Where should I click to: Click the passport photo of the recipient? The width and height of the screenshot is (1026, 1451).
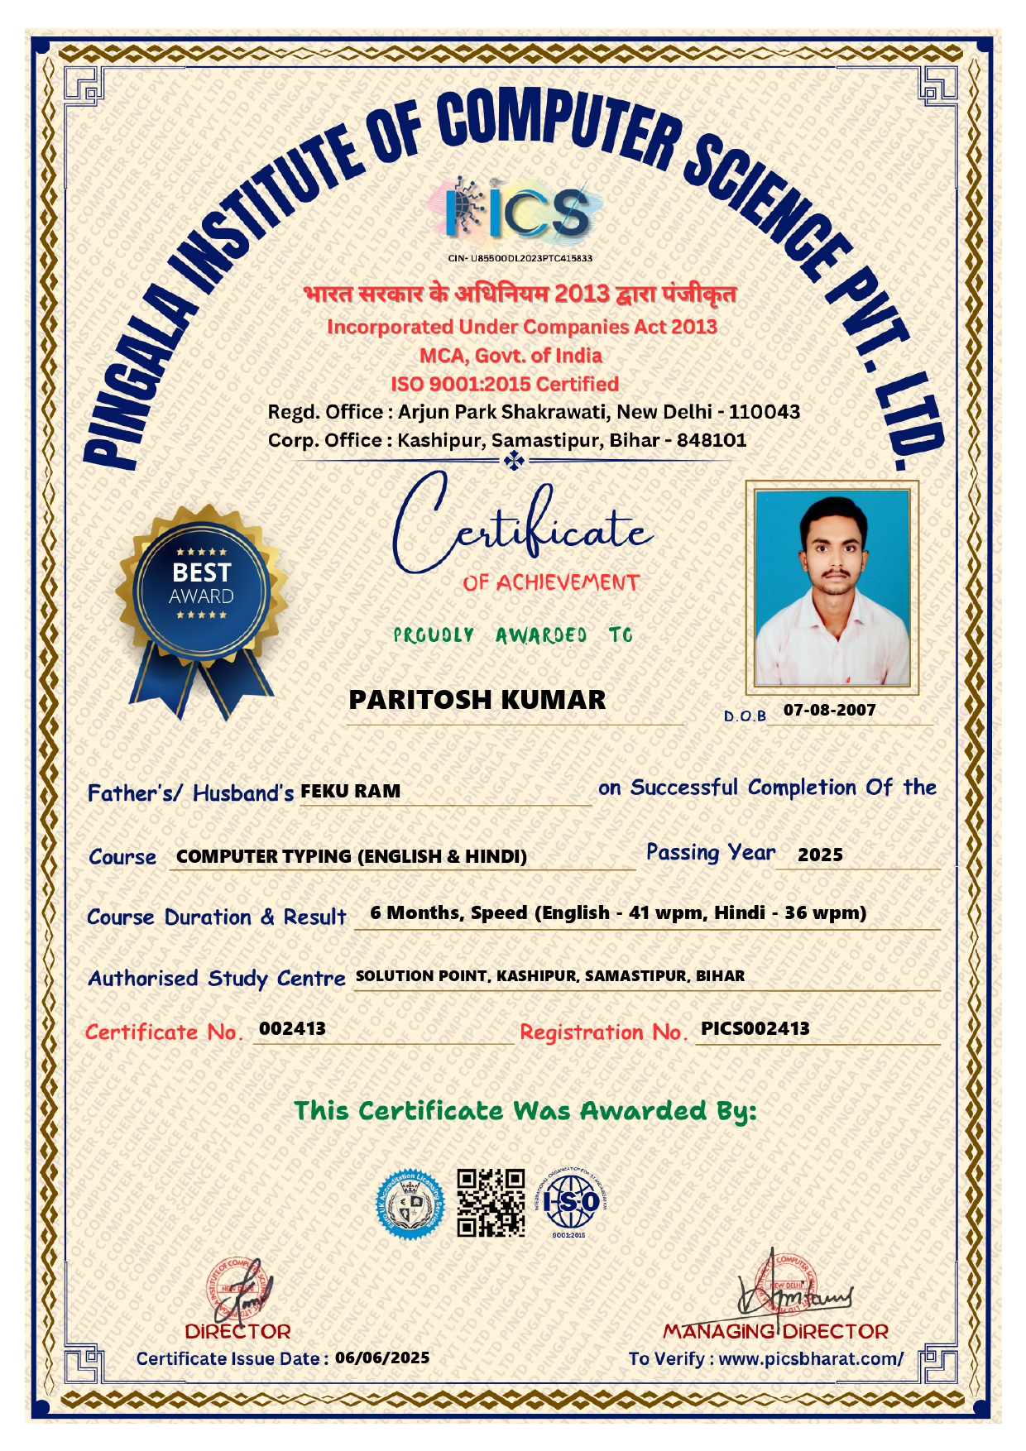point(832,587)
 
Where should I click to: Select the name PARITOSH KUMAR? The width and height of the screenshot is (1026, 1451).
point(477,700)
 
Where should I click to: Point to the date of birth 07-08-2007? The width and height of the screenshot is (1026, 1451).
point(829,710)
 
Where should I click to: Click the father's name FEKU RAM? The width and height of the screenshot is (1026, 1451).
point(350,791)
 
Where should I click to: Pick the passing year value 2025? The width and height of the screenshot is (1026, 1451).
point(820,855)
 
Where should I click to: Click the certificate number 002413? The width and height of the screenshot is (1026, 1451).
point(292,1028)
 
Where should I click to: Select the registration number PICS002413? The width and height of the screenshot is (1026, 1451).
point(755,1028)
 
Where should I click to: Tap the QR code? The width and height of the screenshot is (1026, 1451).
point(491,1203)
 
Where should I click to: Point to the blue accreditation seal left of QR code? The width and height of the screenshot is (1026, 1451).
point(410,1204)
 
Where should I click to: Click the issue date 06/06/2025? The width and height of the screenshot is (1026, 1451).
point(382,1358)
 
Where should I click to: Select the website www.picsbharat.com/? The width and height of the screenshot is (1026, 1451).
point(811,1358)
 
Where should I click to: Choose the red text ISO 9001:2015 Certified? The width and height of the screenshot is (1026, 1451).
point(505,384)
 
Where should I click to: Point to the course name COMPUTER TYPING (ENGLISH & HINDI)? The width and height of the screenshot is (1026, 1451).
point(352,856)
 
